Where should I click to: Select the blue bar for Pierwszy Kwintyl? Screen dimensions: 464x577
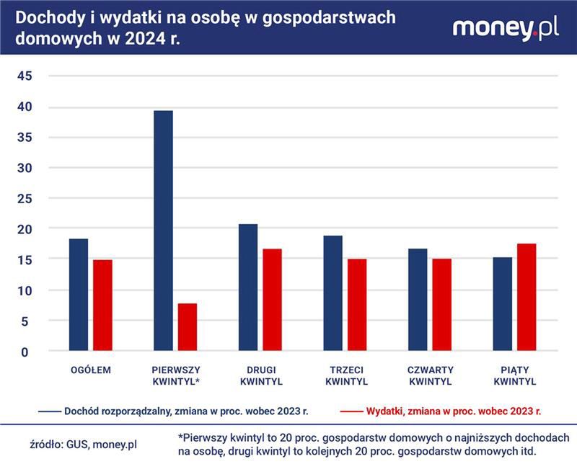pyautogui.click(x=163, y=231)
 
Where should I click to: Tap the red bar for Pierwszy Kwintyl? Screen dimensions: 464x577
pyautogui.click(x=188, y=327)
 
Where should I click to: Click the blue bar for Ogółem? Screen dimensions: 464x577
pyautogui.click(x=78, y=295)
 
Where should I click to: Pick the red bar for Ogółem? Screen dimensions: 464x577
pyautogui.click(x=102, y=305)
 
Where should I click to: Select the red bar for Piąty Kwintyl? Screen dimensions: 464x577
pyautogui.click(x=527, y=297)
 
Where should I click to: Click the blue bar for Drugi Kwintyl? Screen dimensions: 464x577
pyautogui.click(x=248, y=287)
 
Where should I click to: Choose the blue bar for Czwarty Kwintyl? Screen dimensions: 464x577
pyautogui.click(x=418, y=300)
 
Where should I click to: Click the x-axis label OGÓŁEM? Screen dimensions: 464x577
pyautogui.click(x=90, y=370)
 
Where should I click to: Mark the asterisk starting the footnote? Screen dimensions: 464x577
pyautogui.click(x=180, y=437)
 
